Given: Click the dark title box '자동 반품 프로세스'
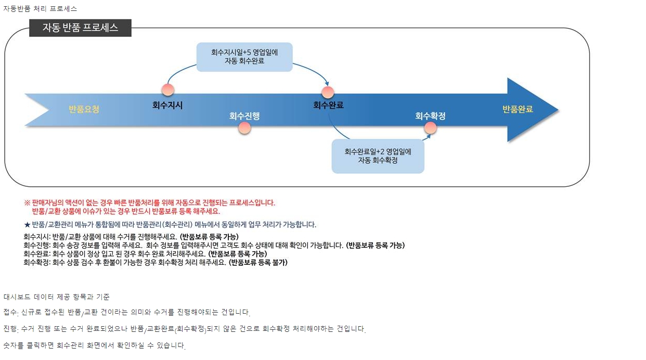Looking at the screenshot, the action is [80, 28].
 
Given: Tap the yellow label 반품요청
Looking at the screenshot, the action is [84, 109].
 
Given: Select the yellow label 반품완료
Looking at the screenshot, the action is [518, 109].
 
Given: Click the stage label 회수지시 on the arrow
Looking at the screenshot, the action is [167, 105].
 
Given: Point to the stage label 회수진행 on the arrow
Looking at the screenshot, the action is [244, 116].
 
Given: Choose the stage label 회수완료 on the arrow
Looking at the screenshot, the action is [328, 105].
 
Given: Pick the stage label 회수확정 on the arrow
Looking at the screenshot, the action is [430, 116].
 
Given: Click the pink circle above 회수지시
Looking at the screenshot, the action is [168, 89].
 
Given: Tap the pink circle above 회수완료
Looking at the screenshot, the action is [328, 93].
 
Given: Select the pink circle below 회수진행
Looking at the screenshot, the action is [244, 128].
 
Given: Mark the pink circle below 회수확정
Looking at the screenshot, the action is [430, 128].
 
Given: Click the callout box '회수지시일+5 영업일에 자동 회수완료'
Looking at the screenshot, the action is [244, 57].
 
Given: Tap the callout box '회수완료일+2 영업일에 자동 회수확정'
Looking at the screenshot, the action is [378, 156].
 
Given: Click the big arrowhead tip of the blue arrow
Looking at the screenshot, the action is [559, 110].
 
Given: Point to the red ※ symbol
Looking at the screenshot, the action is [27, 203].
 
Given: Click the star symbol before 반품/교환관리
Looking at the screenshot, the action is [27, 225].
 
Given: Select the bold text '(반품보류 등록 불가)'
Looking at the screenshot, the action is [258, 263].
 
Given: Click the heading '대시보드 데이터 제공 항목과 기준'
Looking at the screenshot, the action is [57, 297].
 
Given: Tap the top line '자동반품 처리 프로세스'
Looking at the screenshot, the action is [40, 9].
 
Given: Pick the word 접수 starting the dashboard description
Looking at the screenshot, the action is [10, 312].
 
